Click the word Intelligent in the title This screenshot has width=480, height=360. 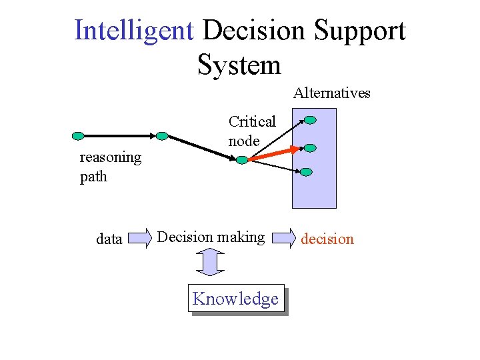point(135,31)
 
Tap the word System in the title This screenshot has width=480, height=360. point(239,65)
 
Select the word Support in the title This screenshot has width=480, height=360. point(359,31)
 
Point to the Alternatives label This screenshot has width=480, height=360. point(331,93)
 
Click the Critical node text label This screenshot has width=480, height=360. point(251,131)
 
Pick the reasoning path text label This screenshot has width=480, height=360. point(110,167)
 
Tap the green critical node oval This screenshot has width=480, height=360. point(242,160)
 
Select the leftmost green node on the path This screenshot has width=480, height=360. point(78,136)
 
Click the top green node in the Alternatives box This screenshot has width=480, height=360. point(311,120)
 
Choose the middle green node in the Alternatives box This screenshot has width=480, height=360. point(311,147)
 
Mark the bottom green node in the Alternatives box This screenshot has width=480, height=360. point(306,171)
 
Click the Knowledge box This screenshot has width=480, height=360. point(235,299)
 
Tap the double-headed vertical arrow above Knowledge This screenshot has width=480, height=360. point(210,261)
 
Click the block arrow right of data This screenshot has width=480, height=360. point(140,238)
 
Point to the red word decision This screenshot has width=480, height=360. point(327,239)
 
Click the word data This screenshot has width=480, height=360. point(109,239)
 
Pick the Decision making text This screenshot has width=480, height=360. point(211,237)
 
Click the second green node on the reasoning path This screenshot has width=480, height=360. point(162,135)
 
